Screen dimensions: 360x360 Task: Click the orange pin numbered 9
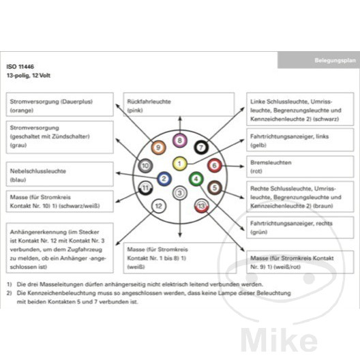[158, 147]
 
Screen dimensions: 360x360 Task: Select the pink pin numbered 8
[180, 140]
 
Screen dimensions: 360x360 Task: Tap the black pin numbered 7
[201, 147]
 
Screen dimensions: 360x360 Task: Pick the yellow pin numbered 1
[179, 164]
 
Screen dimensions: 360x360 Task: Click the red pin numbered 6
[215, 165]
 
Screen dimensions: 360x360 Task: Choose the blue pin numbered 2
[164, 179]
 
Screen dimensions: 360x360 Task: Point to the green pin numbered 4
[196, 179]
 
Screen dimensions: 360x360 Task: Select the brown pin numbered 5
[215, 187]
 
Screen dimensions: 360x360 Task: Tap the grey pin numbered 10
[145, 165]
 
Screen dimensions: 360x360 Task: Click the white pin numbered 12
[159, 206]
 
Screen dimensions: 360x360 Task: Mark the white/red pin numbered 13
[201, 206]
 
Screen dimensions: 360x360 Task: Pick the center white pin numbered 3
[180, 193]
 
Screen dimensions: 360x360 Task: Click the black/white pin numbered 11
[145, 188]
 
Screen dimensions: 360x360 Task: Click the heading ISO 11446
[20, 67]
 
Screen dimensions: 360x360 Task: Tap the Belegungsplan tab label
[335, 61]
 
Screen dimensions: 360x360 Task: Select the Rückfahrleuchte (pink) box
[179, 104]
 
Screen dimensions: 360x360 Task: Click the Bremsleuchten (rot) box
[300, 166]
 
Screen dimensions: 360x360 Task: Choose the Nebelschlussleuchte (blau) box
[60, 174]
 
